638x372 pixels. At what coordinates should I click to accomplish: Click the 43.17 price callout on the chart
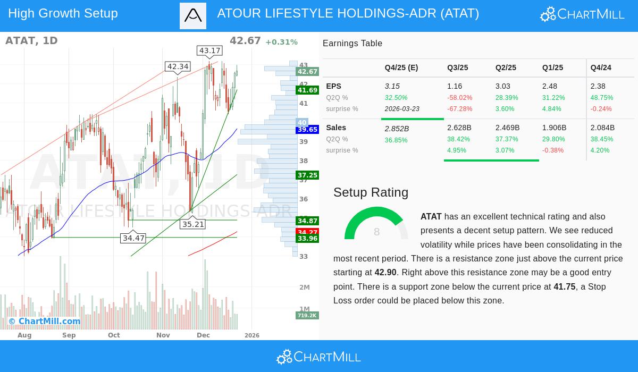209,51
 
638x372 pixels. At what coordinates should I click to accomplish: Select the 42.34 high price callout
178,66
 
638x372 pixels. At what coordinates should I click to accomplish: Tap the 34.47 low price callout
133,238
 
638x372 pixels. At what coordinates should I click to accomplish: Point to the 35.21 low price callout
193,224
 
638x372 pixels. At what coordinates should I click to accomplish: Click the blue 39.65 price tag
307,130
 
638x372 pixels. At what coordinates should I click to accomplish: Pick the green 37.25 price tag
307,175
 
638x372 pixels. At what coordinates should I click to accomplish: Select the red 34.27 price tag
307,232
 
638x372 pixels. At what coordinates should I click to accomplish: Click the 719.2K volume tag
307,315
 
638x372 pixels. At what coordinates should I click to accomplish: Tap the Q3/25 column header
457,67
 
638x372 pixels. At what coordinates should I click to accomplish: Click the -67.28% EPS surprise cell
459,109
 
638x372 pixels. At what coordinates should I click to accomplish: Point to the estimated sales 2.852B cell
397,129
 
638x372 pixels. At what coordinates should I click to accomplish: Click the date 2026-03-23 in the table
402,109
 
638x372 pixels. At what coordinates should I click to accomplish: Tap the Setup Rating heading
371,192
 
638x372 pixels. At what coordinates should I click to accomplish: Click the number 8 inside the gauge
376,232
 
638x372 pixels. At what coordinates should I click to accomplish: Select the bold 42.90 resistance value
385,273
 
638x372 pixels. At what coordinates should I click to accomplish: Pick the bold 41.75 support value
564,286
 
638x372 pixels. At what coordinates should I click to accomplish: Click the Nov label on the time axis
163,335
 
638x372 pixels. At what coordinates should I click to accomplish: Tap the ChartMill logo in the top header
582,14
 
